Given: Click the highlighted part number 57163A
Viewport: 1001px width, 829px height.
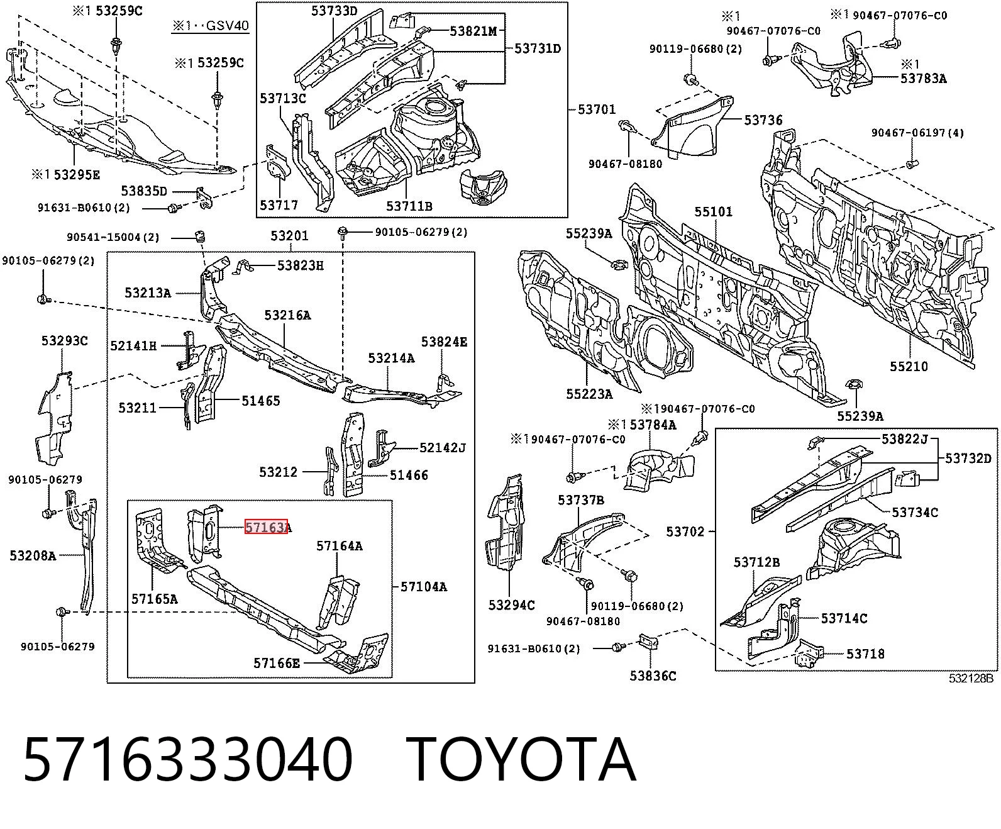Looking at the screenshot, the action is pyautogui.click(x=268, y=528).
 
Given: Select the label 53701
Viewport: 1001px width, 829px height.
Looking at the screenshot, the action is pyautogui.click(x=596, y=109).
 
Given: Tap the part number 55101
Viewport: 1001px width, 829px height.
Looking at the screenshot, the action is pyautogui.click(x=714, y=211).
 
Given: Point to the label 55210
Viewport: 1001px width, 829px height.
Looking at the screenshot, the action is pyautogui.click(x=909, y=367).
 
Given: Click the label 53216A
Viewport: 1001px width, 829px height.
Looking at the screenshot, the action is pyautogui.click(x=287, y=315).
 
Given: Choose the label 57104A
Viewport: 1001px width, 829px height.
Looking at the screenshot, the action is pyautogui.click(x=424, y=586).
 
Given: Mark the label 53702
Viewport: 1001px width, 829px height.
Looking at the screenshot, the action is pyautogui.click(x=685, y=531).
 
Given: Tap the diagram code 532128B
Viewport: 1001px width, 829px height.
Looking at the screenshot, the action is pyautogui.click(x=971, y=679).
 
